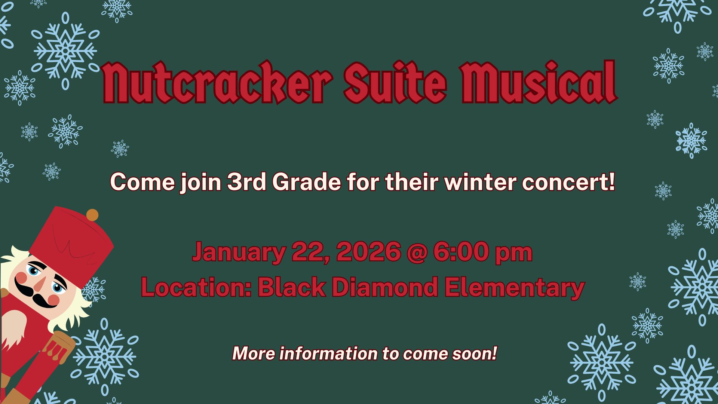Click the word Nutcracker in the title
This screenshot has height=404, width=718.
[217, 82]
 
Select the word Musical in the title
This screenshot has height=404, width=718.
[539, 82]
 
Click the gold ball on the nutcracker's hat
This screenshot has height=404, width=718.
[92, 215]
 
